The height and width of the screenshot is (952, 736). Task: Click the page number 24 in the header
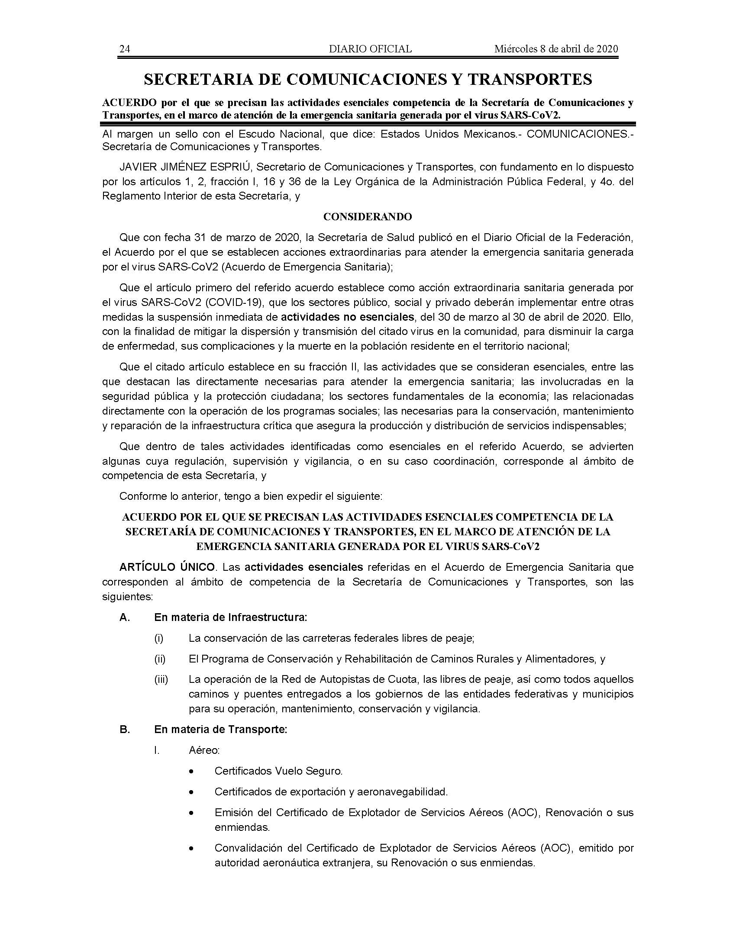click(125, 49)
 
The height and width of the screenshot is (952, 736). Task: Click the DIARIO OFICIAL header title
click(370, 49)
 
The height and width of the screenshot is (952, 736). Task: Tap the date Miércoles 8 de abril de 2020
click(556, 49)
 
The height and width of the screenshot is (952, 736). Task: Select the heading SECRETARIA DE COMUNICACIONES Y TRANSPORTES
click(368, 79)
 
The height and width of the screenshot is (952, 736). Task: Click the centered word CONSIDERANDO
click(368, 217)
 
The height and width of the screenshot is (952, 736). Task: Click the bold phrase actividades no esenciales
click(347, 316)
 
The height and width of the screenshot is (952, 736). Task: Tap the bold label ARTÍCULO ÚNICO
click(167, 567)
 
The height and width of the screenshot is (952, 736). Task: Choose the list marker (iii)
click(161, 679)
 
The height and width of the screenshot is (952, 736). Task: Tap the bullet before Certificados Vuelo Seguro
click(191, 772)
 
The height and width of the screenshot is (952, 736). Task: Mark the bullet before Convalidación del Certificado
click(191, 849)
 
